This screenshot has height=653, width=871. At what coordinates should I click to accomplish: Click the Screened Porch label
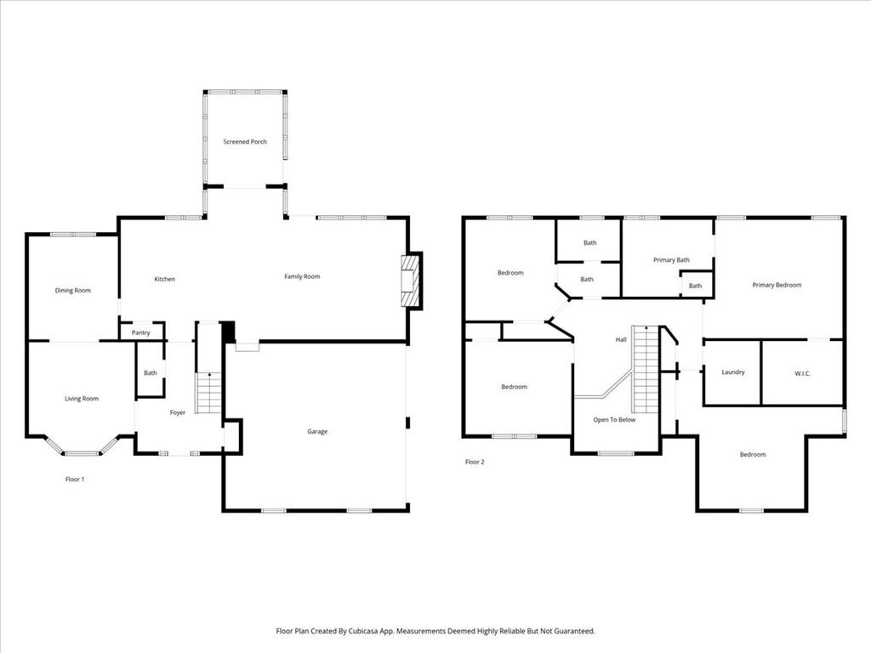pos(245,142)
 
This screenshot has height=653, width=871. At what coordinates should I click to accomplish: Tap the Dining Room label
pos(73,291)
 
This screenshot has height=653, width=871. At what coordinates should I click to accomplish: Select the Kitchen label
pos(164,279)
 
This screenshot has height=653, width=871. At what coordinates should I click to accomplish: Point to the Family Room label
pos(302,276)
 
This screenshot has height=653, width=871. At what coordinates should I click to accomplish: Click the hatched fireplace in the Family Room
pos(410,281)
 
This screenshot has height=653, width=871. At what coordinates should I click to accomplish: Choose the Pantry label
pos(141,332)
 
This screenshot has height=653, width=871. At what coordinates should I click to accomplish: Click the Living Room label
pos(82,398)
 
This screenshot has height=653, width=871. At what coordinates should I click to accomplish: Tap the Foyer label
pos(178,412)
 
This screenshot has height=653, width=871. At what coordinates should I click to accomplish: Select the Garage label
pos(317,431)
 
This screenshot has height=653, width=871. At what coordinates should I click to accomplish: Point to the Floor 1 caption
pos(75,480)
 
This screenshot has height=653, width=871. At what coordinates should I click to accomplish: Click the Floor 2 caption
pos(475,462)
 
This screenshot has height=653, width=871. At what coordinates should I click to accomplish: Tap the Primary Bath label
pos(672,260)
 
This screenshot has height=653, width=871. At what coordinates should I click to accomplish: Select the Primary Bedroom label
pos(777,285)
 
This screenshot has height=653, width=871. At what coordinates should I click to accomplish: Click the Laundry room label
pos(733,372)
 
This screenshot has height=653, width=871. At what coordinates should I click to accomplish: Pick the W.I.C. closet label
pos(803,373)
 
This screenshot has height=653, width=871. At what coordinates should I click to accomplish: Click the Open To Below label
pos(614,419)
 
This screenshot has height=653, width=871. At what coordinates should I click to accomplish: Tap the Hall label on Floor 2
pos(621,339)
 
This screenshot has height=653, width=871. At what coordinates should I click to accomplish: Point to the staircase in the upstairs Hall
pos(646,369)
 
